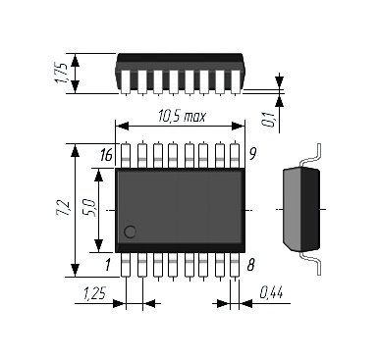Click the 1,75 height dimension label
coord(63,74)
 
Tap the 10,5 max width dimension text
coord(183,116)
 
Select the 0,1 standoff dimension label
coord(269,119)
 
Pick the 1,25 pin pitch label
coord(94,293)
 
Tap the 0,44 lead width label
coord(271,292)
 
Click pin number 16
coord(106,155)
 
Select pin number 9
coord(252,154)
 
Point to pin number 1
coord(108,265)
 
